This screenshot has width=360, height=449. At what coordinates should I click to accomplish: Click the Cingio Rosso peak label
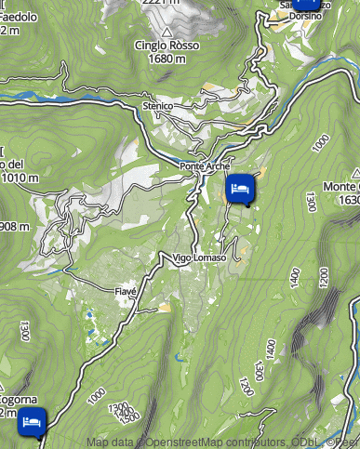tap(167, 46)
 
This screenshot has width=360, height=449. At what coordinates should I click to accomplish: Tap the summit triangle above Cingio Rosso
tap(167, 33)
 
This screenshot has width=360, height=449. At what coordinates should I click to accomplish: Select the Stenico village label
tap(158, 107)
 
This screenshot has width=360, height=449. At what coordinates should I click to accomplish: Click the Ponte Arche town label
tap(205, 166)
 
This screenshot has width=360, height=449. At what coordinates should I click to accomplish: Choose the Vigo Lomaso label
tap(198, 258)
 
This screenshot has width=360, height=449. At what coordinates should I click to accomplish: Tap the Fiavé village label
tap(126, 292)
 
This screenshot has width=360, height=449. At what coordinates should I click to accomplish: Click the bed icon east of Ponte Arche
tap(240, 189)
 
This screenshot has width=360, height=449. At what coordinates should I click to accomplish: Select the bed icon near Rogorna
tap(32, 422)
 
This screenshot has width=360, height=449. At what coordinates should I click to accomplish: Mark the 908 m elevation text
tap(14, 226)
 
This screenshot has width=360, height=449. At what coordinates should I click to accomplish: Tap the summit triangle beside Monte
tap(356, 173)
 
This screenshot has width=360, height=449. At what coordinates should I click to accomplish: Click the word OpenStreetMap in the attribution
tap(180, 442)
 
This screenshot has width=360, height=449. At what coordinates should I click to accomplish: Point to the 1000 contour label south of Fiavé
tap(95, 396)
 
